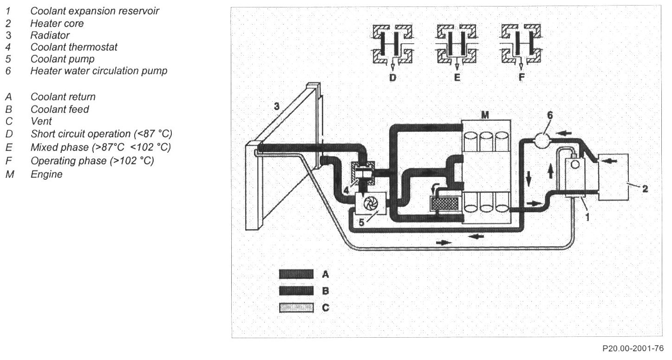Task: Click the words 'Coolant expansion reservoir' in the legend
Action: pyautogui.click(x=95, y=11)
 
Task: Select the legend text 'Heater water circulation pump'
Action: pyautogui.click(x=99, y=71)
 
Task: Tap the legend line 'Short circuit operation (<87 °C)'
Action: pyautogui.click(x=101, y=134)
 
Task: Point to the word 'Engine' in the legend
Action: pyautogui.click(x=46, y=175)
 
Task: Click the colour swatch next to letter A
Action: pyautogui.click(x=294, y=275)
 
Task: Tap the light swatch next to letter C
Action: pyautogui.click(x=294, y=308)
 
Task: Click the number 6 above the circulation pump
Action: pyautogui.click(x=549, y=116)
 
